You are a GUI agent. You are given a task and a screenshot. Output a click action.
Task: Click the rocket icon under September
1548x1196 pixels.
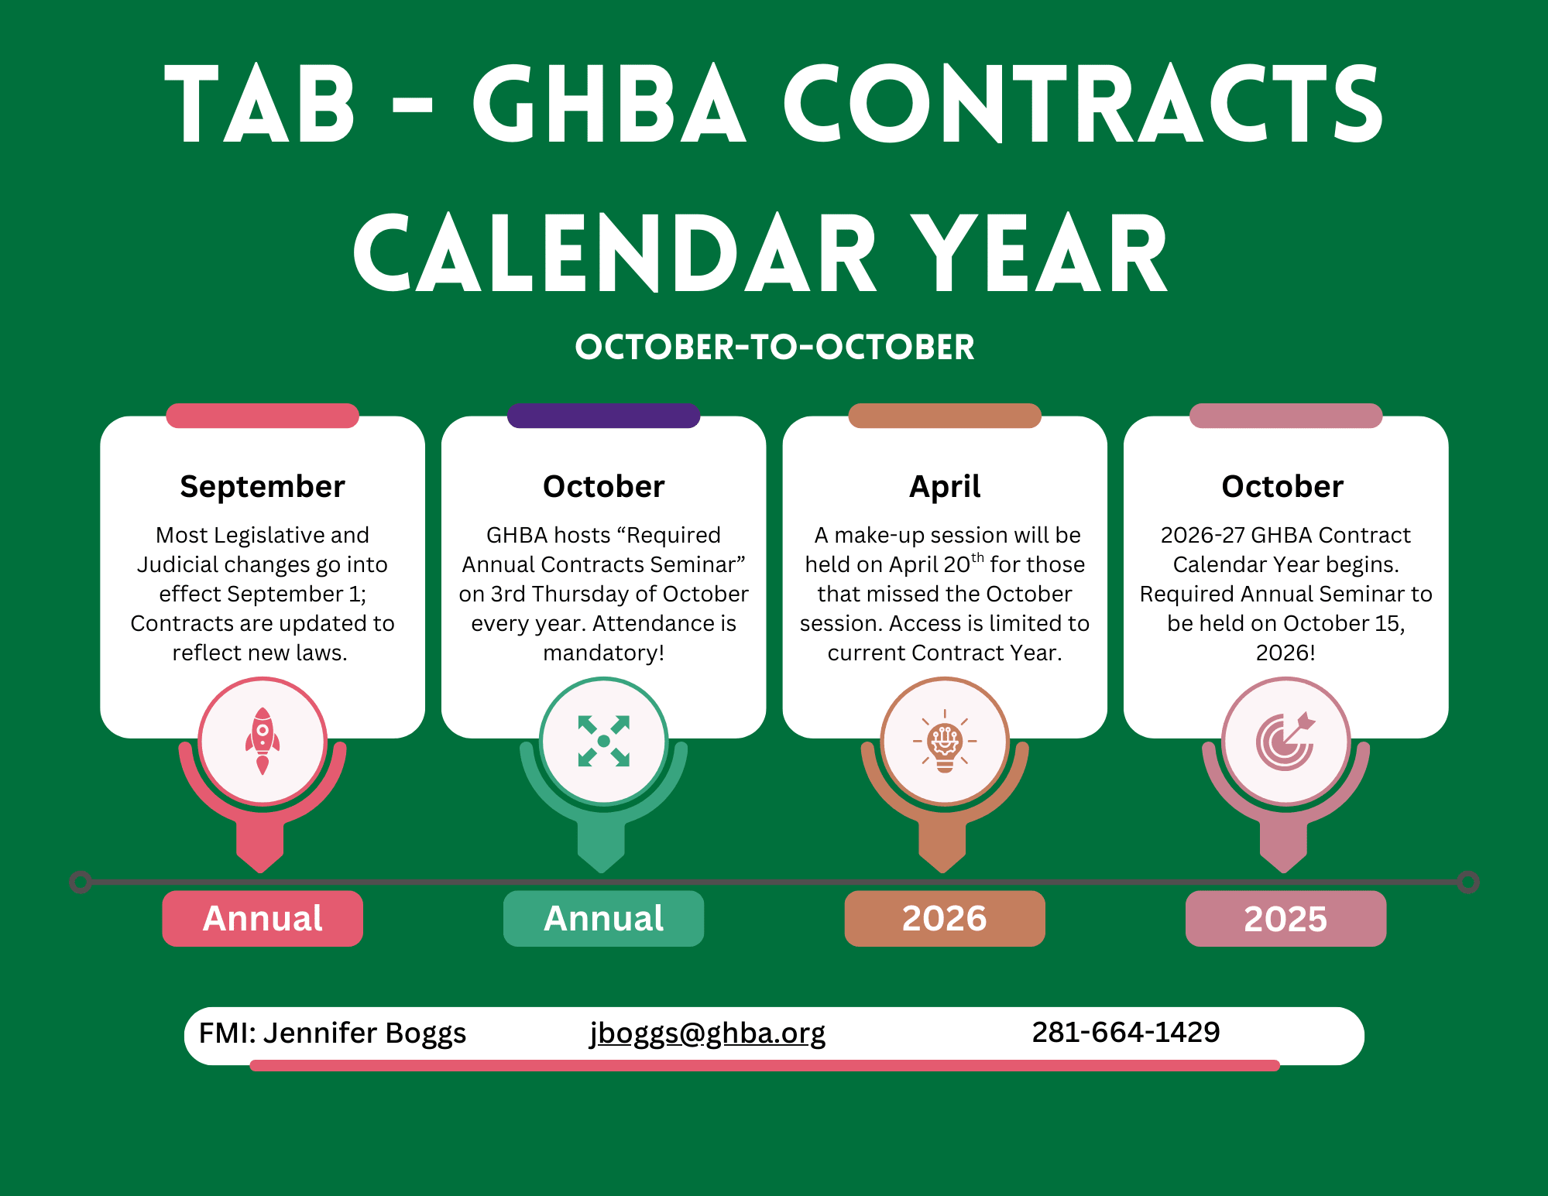(x=263, y=741)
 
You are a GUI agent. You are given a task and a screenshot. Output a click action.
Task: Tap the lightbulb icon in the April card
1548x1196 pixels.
(x=945, y=741)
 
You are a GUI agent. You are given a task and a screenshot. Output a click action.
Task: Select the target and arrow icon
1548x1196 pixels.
(x=1285, y=741)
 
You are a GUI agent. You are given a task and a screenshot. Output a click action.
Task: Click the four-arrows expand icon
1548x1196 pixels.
(x=604, y=741)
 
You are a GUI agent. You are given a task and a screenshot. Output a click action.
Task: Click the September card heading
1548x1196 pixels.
(x=263, y=487)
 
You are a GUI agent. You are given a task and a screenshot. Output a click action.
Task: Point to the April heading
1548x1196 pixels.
(x=945, y=487)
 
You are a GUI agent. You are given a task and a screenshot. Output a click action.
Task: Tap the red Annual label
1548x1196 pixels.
(x=263, y=919)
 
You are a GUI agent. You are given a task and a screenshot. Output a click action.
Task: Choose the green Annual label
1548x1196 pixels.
(x=604, y=919)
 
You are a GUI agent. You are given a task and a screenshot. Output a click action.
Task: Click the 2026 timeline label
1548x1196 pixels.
(x=945, y=919)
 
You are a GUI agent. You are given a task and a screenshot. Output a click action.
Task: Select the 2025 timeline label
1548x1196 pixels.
(x=1285, y=919)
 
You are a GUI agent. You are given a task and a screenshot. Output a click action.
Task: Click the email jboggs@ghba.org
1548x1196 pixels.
(x=708, y=1033)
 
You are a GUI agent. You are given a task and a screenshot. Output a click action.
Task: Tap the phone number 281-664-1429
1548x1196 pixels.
(x=1126, y=1032)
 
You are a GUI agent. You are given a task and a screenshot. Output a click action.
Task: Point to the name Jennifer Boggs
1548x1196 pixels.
(x=365, y=1033)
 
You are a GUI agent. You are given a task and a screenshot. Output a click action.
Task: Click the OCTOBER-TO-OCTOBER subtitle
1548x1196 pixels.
(x=774, y=347)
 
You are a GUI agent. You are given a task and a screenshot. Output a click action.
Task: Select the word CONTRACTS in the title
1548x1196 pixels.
(x=1083, y=104)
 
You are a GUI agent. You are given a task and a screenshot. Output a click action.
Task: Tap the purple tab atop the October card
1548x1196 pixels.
(x=604, y=416)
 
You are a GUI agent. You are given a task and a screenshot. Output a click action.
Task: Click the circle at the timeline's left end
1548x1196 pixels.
(x=81, y=882)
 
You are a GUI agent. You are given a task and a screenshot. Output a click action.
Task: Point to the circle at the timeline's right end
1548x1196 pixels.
(x=1468, y=882)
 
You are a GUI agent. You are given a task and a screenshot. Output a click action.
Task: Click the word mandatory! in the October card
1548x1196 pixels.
(x=604, y=653)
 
